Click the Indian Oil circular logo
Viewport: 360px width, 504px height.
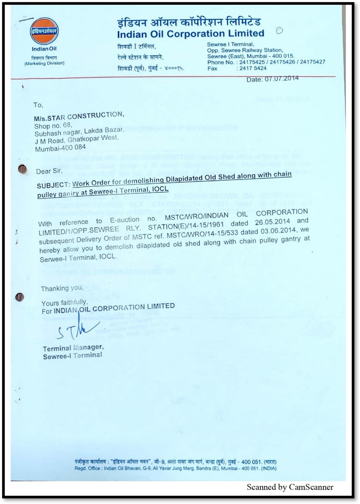44,31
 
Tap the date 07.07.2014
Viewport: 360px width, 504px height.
281,79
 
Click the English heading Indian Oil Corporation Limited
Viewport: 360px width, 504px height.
191,34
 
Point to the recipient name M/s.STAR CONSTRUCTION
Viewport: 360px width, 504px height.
79,116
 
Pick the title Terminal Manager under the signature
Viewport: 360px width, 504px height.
73,348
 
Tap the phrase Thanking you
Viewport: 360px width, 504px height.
62,288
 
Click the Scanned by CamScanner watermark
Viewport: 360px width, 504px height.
290,487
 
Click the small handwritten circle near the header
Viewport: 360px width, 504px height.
280,30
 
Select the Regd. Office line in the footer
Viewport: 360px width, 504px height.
175,469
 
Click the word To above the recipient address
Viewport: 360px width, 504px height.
38,105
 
